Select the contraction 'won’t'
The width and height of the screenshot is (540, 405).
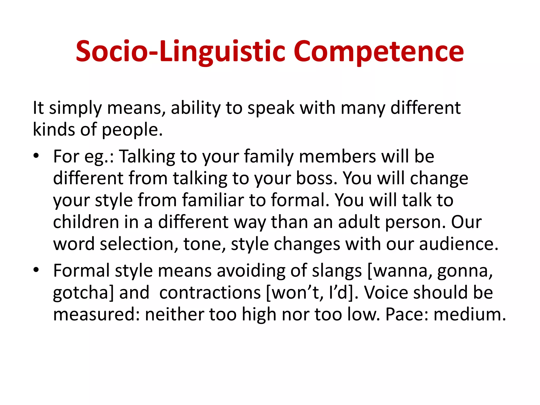point(296,293)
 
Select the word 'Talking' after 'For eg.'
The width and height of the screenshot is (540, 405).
point(147,156)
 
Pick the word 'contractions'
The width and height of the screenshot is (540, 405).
point(210,293)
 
